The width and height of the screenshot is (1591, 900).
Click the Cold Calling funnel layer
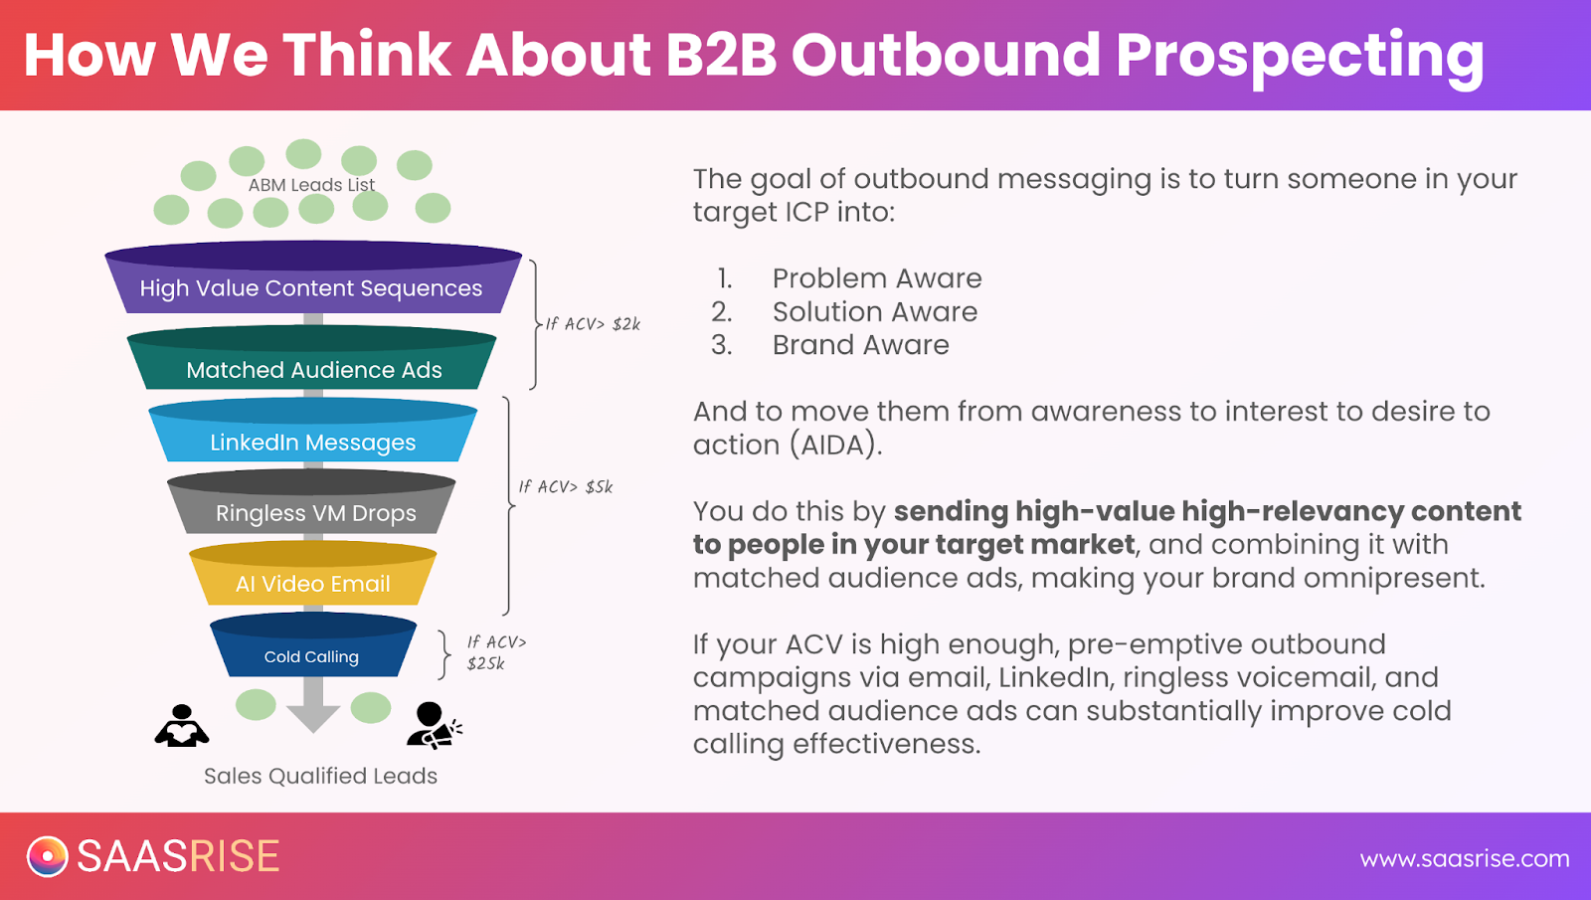[x=313, y=645]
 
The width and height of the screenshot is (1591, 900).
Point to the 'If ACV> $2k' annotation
[x=593, y=324]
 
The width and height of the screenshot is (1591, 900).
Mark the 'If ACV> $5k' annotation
[x=566, y=486]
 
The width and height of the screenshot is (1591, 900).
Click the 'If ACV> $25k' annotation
[x=496, y=652]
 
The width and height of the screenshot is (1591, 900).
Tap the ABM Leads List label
[x=311, y=185]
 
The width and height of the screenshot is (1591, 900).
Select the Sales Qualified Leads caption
[x=320, y=776]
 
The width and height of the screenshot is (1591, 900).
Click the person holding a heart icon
[x=182, y=725]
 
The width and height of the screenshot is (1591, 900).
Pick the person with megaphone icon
[x=434, y=725]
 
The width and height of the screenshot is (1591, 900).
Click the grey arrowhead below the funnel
[x=313, y=718]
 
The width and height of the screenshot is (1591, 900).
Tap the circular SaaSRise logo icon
[x=48, y=856]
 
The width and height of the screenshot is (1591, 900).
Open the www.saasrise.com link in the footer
[x=1465, y=859]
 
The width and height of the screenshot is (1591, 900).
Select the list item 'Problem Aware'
[x=877, y=278]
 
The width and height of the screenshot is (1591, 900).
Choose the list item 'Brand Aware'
[x=861, y=345]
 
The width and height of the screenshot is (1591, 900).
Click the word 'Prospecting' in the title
[x=1300, y=57]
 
